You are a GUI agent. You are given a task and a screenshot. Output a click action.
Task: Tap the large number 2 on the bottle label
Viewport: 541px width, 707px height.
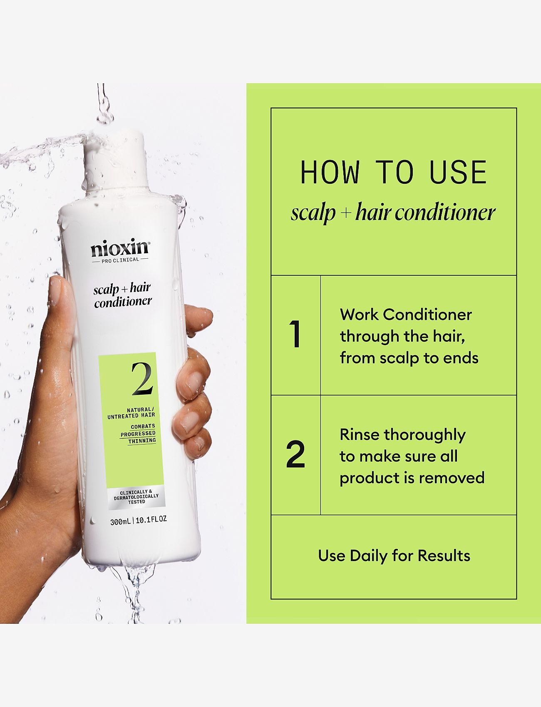142,379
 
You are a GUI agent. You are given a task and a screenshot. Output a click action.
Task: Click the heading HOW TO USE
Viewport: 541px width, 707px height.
393,172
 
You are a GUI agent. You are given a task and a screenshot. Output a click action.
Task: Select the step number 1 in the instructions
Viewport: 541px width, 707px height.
295,335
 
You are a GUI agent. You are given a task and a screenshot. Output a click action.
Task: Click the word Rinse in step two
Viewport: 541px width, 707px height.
360,435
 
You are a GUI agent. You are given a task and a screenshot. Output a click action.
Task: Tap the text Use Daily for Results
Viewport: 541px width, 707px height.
394,556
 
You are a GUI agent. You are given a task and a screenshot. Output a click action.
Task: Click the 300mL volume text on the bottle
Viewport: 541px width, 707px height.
120,520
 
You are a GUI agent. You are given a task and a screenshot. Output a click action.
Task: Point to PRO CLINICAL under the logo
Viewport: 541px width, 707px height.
120,260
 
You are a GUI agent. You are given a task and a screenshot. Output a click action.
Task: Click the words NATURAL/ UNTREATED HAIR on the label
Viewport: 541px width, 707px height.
132,413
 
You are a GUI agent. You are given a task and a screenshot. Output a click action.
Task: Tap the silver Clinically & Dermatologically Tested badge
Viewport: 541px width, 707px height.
136,497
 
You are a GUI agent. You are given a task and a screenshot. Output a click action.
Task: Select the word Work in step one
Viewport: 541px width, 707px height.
359,315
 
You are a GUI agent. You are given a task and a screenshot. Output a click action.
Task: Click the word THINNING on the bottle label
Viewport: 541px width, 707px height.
142,440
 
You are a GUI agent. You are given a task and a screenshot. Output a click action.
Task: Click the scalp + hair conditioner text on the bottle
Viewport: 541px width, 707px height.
122,294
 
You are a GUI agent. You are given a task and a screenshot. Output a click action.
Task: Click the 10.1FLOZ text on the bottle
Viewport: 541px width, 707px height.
151,519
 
